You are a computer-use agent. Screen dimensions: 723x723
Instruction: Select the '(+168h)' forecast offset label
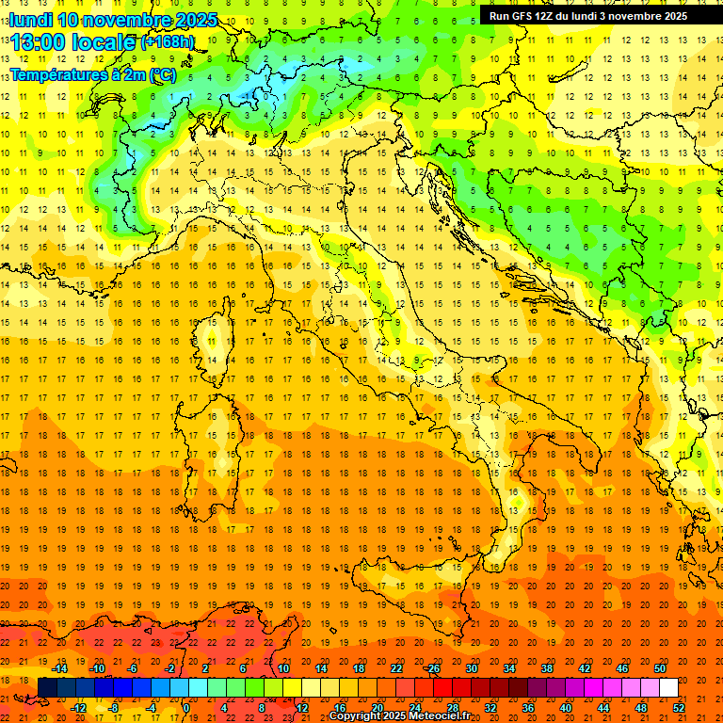(x=168, y=42)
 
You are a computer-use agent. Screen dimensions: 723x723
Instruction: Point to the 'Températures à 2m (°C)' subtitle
(x=93, y=73)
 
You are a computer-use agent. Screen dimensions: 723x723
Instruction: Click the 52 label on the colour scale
(x=679, y=708)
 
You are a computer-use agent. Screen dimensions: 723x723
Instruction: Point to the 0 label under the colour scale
(x=186, y=708)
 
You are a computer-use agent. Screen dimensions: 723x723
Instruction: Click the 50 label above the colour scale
(x=660, y=667)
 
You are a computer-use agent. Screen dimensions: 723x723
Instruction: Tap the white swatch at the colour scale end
(x=668, y=688)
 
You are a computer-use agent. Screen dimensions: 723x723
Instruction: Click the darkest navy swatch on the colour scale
(x=47, y=688)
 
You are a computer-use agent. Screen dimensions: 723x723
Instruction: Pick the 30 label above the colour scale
(x=471, y=667)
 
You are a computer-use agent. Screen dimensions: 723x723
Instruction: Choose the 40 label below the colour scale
(x=566, y=708)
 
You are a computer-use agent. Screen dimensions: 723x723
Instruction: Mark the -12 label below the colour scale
(x=78, y=708)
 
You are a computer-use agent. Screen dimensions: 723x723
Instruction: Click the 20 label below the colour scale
(x=377, y=708)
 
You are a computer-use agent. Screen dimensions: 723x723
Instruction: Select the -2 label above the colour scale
(x=170, y=667)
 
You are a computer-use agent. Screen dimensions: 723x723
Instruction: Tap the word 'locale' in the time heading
(x=104, y=42)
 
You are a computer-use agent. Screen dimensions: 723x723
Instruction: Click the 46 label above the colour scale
(x=622, y=667)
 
